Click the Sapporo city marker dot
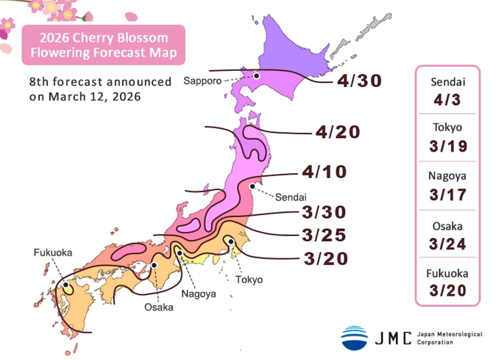point(256,76)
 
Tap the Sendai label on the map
point(290,196)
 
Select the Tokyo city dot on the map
point(231,242)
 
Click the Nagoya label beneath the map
point(198,294)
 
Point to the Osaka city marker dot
point(154,265)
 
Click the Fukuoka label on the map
point(53,253)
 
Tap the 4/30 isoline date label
point(359,81)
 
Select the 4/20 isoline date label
point(338,133)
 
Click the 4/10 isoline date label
point(324,173)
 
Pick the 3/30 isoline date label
point(324,212)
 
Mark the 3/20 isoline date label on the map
point(325,259)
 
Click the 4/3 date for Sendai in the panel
point(448,100)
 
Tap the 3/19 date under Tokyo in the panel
point(448,146)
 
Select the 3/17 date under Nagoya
point(448,194)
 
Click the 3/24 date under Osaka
point(448,244)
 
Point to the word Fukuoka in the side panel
point(448,273)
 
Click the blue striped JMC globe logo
point(354,338)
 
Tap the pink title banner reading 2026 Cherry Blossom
point(103,45)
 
